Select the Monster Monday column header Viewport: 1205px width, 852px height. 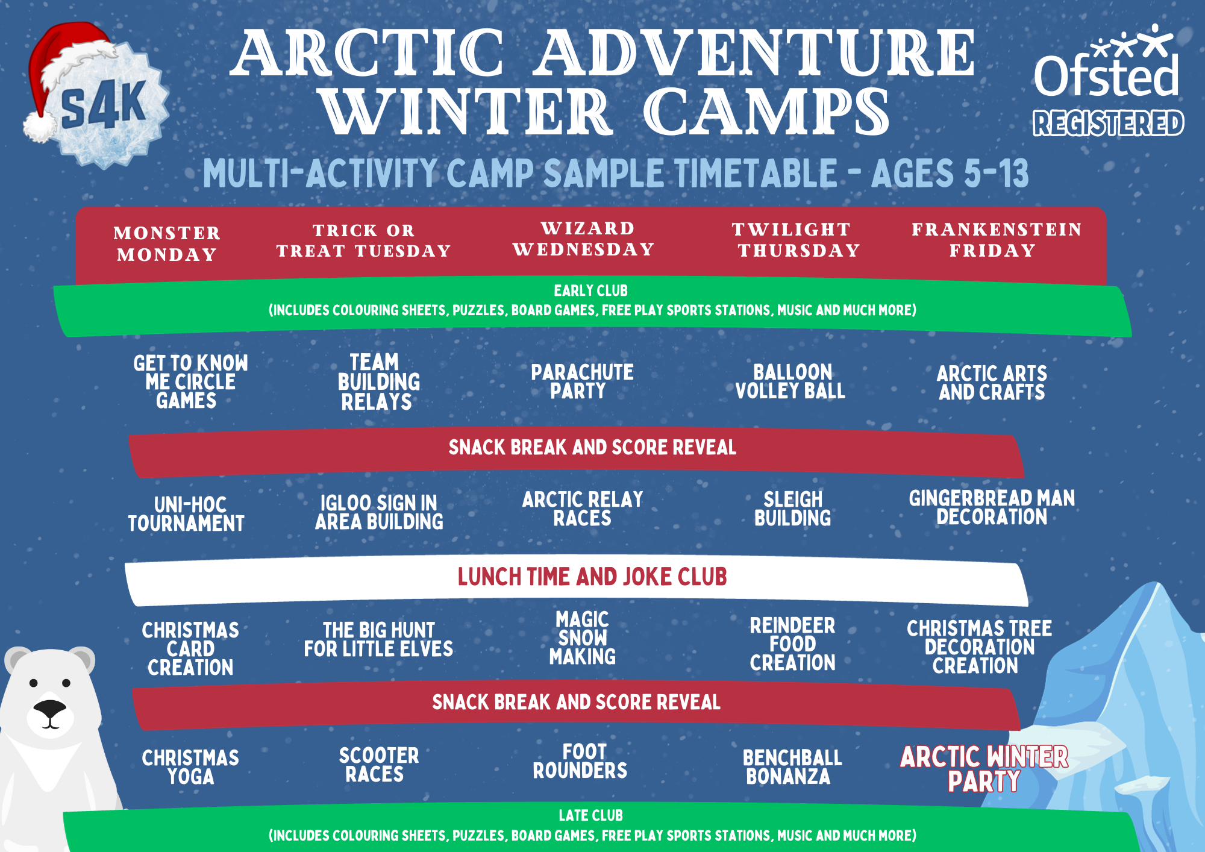[167, 243]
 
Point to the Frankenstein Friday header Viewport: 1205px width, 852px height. [997, 239]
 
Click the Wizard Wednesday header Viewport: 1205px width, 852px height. [583, 239]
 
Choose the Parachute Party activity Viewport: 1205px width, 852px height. [582, 381]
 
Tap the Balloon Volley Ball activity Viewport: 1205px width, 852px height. [790, 381]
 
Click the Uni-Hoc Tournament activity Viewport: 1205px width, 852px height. [186, 514]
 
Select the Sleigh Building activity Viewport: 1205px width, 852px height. [793, 509]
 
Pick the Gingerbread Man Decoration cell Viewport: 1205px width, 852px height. [992, 507]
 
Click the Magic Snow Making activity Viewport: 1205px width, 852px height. [583, 637]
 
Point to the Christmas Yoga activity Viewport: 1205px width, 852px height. [190, 767]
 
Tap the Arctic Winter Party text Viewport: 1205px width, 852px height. [984, 769]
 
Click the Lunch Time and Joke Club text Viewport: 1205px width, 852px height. [592, 577]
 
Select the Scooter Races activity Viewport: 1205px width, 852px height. [378, 765]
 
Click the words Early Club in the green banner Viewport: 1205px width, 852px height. [591, 290]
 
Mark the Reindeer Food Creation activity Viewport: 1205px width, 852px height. [793, 644]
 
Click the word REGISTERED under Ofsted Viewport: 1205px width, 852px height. [1109, 123]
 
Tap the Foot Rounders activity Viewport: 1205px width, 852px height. [580, 761]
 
